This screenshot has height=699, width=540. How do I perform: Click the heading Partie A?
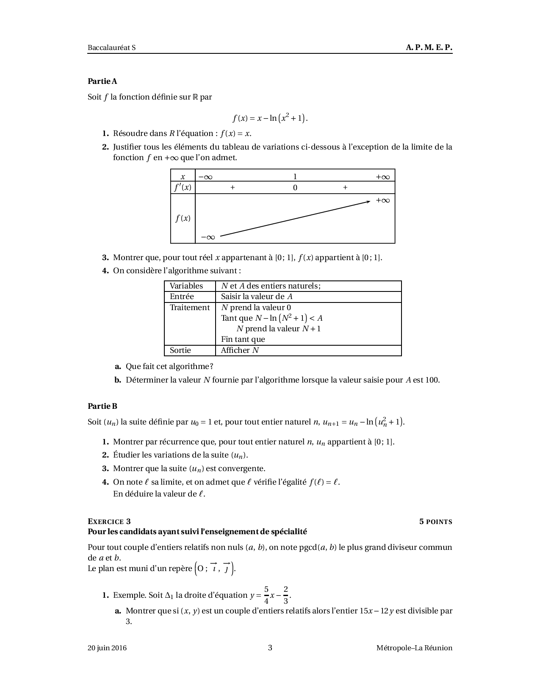102,81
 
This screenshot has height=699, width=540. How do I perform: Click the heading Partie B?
102,406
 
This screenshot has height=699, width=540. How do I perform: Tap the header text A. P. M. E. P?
429,47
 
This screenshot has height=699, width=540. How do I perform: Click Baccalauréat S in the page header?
111,47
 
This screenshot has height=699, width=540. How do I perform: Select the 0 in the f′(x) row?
295,188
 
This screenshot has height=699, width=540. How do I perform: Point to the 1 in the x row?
295,177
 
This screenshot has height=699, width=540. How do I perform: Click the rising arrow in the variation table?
295,219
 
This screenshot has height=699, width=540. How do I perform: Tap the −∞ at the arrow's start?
208,237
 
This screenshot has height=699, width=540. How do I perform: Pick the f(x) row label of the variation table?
183,219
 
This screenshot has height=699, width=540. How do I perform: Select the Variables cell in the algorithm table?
186,286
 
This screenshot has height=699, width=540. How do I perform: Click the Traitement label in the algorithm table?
190,308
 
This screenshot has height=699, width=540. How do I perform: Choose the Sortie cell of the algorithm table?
180,350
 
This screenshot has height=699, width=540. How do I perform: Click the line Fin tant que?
243,339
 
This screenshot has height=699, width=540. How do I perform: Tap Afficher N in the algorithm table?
240,350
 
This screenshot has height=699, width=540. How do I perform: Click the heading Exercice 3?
112,521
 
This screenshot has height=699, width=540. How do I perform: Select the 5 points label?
435,521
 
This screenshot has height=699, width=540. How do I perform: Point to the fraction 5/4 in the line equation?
266,595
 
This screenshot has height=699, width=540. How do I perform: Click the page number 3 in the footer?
270,648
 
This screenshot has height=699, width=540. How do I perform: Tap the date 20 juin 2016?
107,648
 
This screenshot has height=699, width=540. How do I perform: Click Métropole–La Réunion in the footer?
414,648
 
